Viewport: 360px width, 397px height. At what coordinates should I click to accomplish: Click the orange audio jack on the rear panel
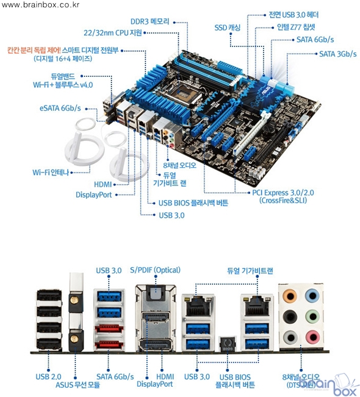click(x=290, y=296)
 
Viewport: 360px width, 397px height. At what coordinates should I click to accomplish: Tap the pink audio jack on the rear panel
click(x=312, y=337)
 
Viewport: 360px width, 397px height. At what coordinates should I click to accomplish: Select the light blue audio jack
click(x=312, y=296)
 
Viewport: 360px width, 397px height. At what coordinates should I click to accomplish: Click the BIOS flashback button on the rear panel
click(x=227, y=344)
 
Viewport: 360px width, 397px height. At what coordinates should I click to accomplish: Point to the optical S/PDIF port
click(x=156, y=293)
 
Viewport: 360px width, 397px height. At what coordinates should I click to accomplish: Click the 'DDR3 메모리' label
click(x=149, y=21)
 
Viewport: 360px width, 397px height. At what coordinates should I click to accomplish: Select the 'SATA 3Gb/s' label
click(x=337, y=54)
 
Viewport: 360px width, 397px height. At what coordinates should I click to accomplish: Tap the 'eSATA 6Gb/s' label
click(x=60, y=108)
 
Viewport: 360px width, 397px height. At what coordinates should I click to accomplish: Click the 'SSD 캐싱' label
click(x=227, y=27)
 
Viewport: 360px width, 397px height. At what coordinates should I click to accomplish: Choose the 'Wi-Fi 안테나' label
click(x=51, y=173)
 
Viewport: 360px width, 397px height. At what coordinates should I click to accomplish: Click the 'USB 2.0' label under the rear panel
click(x=48, y=376)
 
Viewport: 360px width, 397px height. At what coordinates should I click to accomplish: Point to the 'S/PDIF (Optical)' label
click(x=156, y=270)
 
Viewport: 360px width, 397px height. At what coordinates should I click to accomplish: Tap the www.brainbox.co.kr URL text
click(x=40, y=4)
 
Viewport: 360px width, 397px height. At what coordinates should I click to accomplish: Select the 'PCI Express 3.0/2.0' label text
click(x=283, y=193)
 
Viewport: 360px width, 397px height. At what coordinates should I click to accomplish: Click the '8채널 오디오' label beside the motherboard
click(x=179, y=165)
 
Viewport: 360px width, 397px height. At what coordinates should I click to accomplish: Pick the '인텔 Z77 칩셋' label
click(x=296, y=27)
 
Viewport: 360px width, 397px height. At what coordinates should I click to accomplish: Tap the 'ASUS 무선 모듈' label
click(x=77, y=385)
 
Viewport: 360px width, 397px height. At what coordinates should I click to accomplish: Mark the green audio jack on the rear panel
click(x=312, y=317)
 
